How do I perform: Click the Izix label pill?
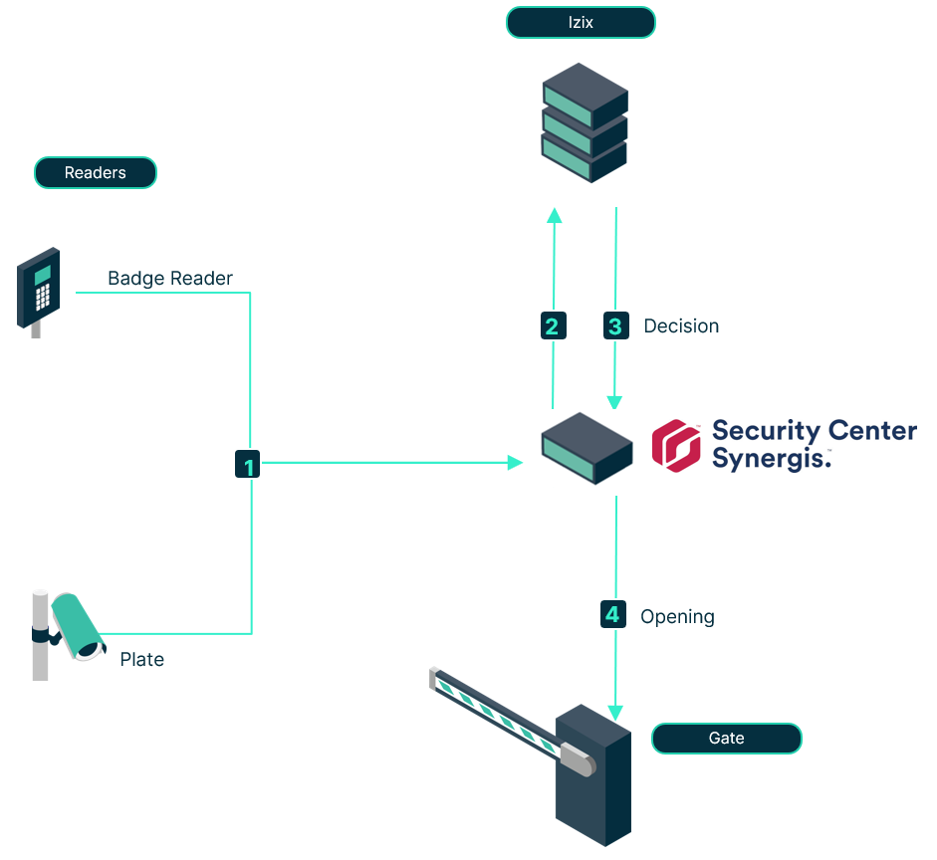(x=581, y=22)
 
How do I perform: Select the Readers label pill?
(x=96, y=173)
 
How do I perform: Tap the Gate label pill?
(x=726, y=739)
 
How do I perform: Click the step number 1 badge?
(x=248, y=464)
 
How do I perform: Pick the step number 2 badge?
(x=553, y=325)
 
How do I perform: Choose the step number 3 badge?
(x=616, y=325)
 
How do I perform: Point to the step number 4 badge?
(x=613, y=615)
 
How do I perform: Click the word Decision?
(x=681, y=326)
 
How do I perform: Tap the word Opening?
(x=677, y=617)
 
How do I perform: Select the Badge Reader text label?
(x=170, y=279)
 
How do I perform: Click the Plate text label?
(x=141, y=660)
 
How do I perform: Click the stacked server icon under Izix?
(x=585, y=122)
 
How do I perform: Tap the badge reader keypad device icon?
(x=39, y=290)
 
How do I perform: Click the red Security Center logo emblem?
(x=676, y=444)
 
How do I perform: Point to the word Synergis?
(x=769, y=458)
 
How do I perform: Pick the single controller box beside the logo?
(x=587, y=449)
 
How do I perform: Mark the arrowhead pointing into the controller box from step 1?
(x=515, y=463)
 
